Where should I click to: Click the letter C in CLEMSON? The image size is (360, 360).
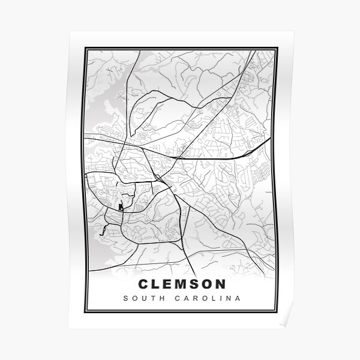click(x=143, y=284)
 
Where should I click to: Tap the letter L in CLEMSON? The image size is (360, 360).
click(x=157, y=284)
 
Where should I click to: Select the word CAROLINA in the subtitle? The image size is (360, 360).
click(x=208, y=298)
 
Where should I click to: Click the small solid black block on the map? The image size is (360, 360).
click(x=121, y=208)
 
